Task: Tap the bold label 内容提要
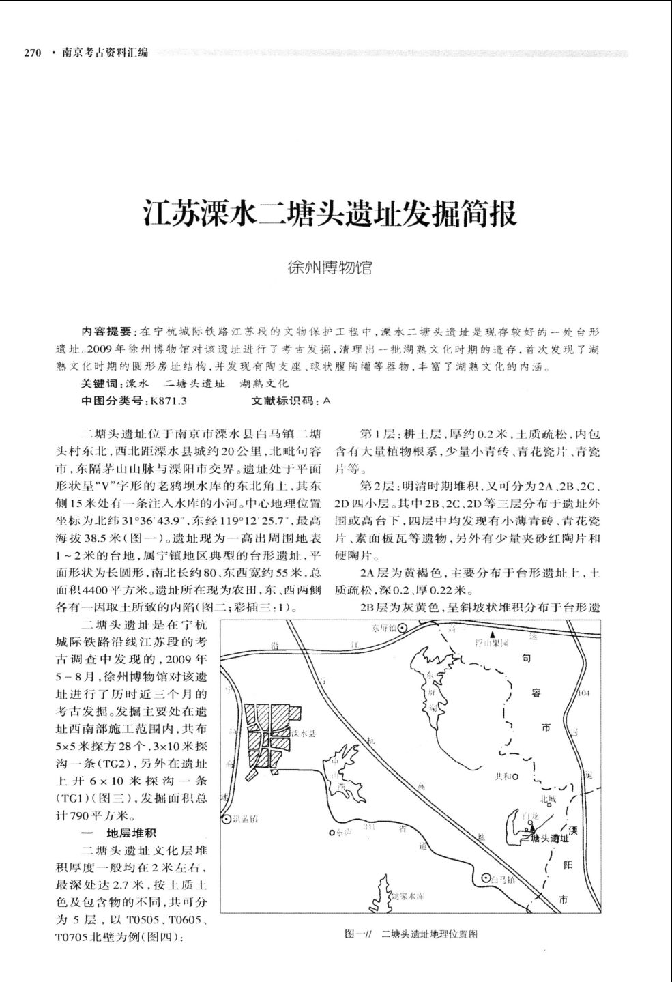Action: click(x=108, y=332)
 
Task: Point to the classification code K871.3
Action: click(x=166, y=401)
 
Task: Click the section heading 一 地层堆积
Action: click(x=119, y=833)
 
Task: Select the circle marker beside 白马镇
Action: click(x=486, y=878)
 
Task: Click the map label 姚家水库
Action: click(x=410, y=896)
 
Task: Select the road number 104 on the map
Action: click(x=583, y=693)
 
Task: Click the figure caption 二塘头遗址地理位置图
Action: click(x=429, y=934)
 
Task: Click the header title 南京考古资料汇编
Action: click(x=105, y=53)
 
